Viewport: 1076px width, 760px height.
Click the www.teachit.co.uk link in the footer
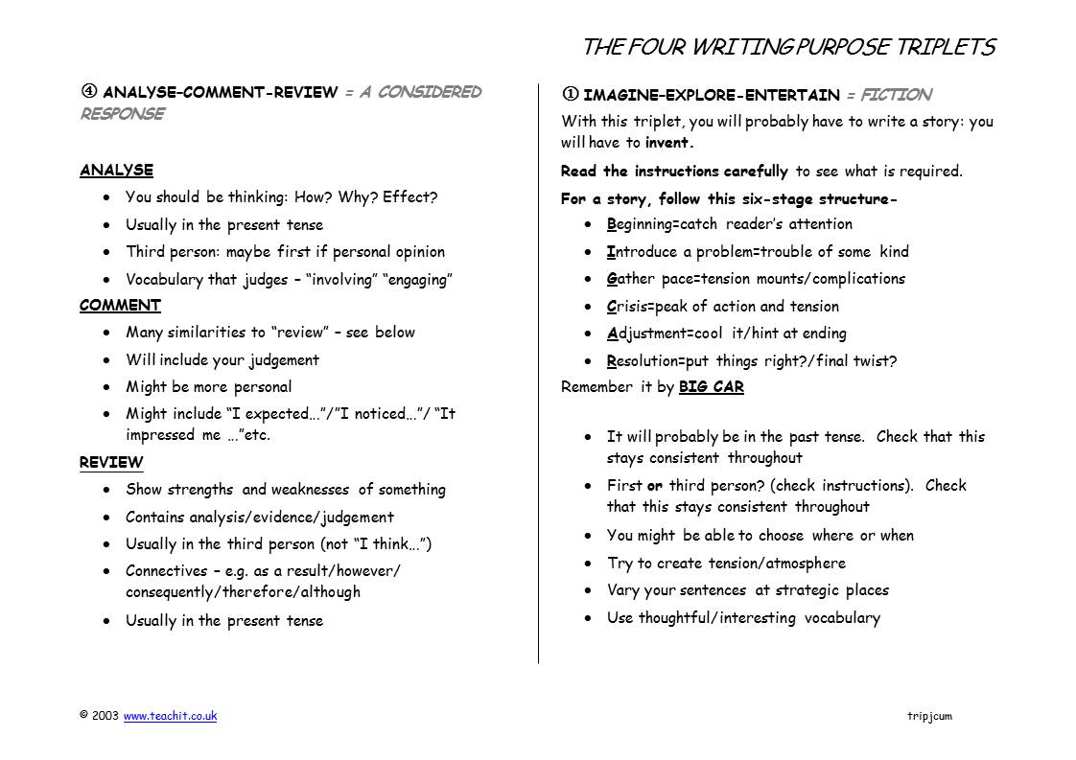[x=170, y=716]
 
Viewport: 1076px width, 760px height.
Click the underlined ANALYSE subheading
[x=116, y=171]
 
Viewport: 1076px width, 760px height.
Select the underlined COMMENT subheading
[x=120, y=306]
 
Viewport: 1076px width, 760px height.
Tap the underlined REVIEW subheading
[x=111, y=462]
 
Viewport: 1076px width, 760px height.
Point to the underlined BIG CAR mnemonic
[x=711, y=388]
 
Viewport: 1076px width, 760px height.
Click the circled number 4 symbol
[x=88, y=92]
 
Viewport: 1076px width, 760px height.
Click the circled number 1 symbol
[x=570, y=95]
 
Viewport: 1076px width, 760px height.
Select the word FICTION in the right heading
[x=896, y=95]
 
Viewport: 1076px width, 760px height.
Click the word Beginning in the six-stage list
[x=641, y=224]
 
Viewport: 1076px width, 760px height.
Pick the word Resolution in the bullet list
[x=643, y=361]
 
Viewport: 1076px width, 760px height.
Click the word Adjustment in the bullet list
[x=645, y=334]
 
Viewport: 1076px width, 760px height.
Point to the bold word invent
[x=668, y=143]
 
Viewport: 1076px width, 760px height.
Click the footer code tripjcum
[x=928, y=716]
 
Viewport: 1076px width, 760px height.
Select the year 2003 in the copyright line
[x=105, y=716]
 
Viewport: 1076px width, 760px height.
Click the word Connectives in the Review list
[x=166, y=571]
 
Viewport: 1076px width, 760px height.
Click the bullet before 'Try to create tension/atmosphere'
[x=588, y=564]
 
